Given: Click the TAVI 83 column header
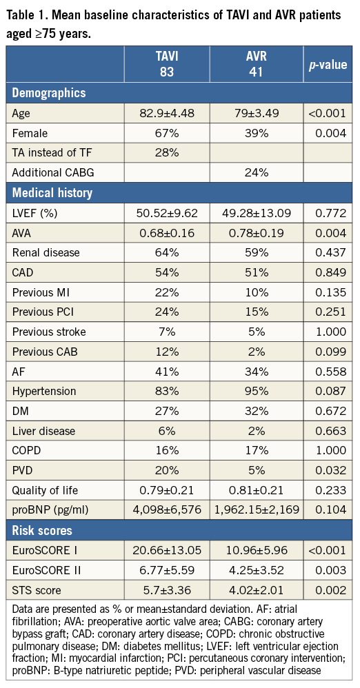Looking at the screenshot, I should (x=168, y=65).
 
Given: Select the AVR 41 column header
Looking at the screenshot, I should (x=257, y=65).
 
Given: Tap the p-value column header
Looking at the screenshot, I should (x=327, y=65).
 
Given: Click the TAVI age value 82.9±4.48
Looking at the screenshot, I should (x=168, y=112).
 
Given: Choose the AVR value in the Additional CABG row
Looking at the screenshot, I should (x=257, y=172).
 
